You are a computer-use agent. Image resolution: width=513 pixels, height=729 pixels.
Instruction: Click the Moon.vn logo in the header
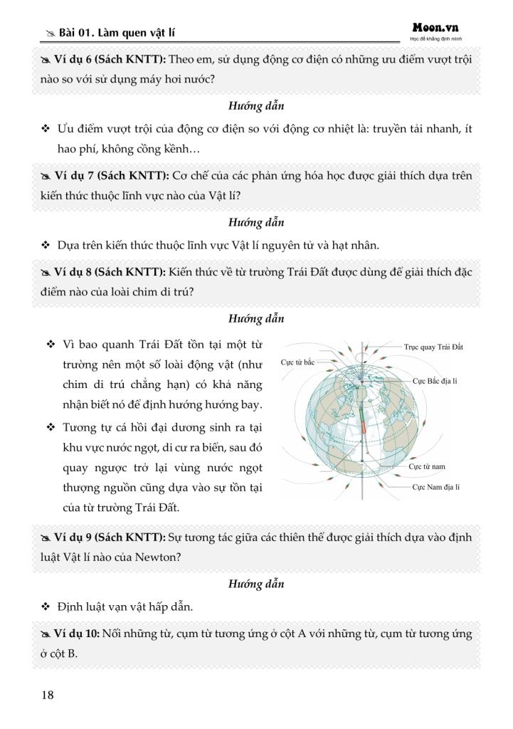435,28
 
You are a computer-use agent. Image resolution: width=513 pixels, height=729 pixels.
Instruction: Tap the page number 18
48,695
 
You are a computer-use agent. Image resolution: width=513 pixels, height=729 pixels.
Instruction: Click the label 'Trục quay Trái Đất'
433,347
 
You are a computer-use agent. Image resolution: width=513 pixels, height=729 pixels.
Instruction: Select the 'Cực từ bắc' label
297,362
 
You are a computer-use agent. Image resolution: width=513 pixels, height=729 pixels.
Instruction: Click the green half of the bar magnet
361,409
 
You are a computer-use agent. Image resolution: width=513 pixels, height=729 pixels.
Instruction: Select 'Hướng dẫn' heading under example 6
256,106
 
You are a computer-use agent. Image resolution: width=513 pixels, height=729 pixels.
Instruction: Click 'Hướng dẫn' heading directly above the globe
256,318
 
